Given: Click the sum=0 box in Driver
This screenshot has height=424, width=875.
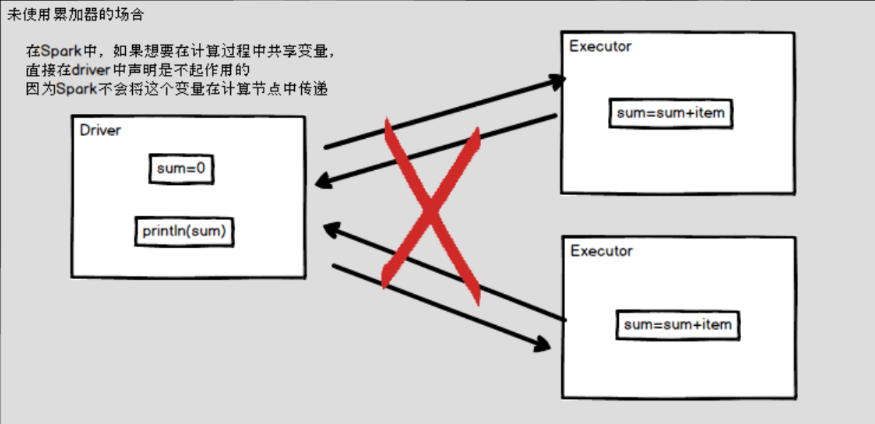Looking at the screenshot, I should tap(181, 169).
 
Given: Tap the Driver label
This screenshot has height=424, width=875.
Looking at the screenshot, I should tap(103, 131).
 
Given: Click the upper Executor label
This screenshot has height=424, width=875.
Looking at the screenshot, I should tap(600, 46).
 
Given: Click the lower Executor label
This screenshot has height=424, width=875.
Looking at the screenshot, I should tap(601, 250).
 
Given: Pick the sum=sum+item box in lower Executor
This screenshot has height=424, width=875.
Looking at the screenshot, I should tap(678, 325).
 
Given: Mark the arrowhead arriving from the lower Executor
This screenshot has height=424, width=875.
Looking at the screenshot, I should tap(334, 230).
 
